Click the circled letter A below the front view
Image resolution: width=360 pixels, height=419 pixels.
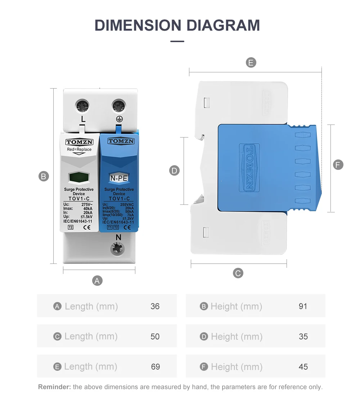pos(97,280)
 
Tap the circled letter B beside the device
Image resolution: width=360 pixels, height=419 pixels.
pos(44,176)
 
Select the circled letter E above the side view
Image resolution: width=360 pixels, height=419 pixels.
pos(251,63)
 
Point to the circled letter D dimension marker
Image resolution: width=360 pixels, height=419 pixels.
pos(174,171)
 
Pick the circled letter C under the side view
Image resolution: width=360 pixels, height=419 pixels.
pos(238,273)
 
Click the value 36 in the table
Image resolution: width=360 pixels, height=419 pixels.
pos(155,306)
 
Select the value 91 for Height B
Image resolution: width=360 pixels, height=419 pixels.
pos(303,306)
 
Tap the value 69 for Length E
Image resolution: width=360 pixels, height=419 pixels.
pos(156,367)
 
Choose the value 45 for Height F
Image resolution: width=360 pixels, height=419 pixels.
pos(303,367)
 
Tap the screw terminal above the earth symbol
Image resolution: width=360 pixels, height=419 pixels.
pos(118,106)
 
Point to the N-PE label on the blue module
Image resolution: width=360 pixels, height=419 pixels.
pos(118,177)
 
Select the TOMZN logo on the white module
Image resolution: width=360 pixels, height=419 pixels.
pos(80,142)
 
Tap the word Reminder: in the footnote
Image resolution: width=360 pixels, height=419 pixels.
pos(54,387)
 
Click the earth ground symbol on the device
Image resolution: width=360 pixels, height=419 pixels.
pos(118,119)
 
